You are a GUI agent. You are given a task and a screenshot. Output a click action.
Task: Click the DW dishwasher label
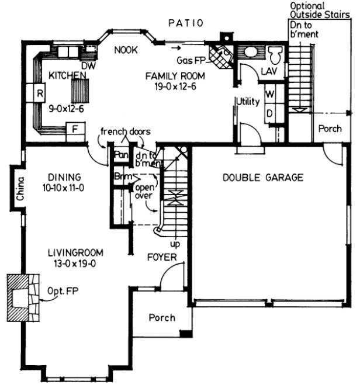click(x=88, y=66)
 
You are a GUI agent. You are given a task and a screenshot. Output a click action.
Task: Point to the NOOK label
click(x=126, y=51)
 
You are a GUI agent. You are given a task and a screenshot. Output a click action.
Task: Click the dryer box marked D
click(x=269, y=112)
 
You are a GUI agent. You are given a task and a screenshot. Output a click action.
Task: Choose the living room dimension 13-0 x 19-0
click(x=75, y=264)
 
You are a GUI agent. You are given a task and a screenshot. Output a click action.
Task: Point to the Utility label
click(x=248, y=102)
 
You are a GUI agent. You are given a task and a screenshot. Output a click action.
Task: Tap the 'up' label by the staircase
click(x=174, y=242)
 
